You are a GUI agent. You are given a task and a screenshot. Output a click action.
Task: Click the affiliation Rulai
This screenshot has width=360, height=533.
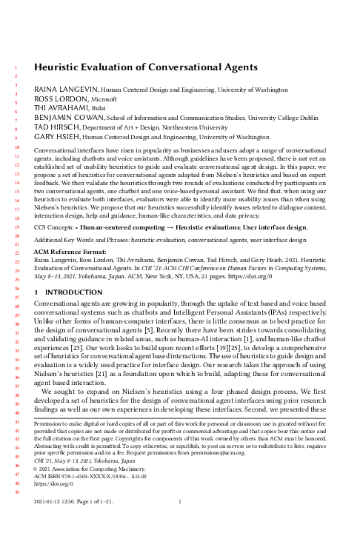pos(101,108)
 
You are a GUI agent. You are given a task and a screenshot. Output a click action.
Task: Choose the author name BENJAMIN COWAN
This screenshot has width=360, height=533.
pos(72,118)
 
